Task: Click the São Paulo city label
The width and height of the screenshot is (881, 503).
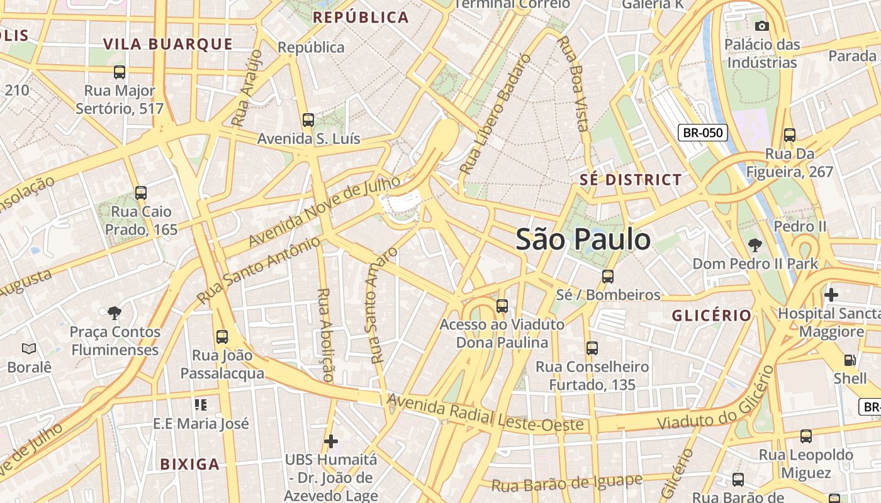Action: (x=583, y=240)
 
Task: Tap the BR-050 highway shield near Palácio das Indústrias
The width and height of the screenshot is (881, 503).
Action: (x=702, y=133)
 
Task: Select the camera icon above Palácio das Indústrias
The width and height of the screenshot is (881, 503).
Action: (x=761, y=26)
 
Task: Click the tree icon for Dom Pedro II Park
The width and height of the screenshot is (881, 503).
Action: (x=755, y=245)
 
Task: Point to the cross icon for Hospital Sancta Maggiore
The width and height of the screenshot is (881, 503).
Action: (x=831, y=294)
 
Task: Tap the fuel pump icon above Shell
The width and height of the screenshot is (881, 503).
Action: (x=850, y=360)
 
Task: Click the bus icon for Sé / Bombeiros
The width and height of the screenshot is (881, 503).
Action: (x=607, y=276)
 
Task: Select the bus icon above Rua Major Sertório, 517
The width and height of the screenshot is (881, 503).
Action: (x=120, y=72)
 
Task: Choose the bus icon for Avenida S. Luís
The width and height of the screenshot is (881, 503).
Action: (x=308, y=120)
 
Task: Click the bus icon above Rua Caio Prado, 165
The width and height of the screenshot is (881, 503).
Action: (x=141, y=193)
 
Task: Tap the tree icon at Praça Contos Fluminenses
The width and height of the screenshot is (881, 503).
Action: (x=114, y=312)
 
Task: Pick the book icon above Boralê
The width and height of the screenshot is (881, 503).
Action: (x=29, y=348)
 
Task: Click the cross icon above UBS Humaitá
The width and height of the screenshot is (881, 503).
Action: (x=331, y=441)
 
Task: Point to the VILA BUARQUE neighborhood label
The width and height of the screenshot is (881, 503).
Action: (x=168, y=44)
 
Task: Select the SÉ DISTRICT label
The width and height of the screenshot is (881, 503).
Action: (x=630, y=180)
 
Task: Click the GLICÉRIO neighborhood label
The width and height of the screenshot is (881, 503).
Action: (x=711, y=316)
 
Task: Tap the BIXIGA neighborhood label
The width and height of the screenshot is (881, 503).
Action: (x=189, y=465)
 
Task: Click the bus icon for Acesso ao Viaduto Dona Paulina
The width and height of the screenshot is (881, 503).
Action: (x=502, y=306)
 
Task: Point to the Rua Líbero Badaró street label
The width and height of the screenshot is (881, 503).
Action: (x=495, y=115)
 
